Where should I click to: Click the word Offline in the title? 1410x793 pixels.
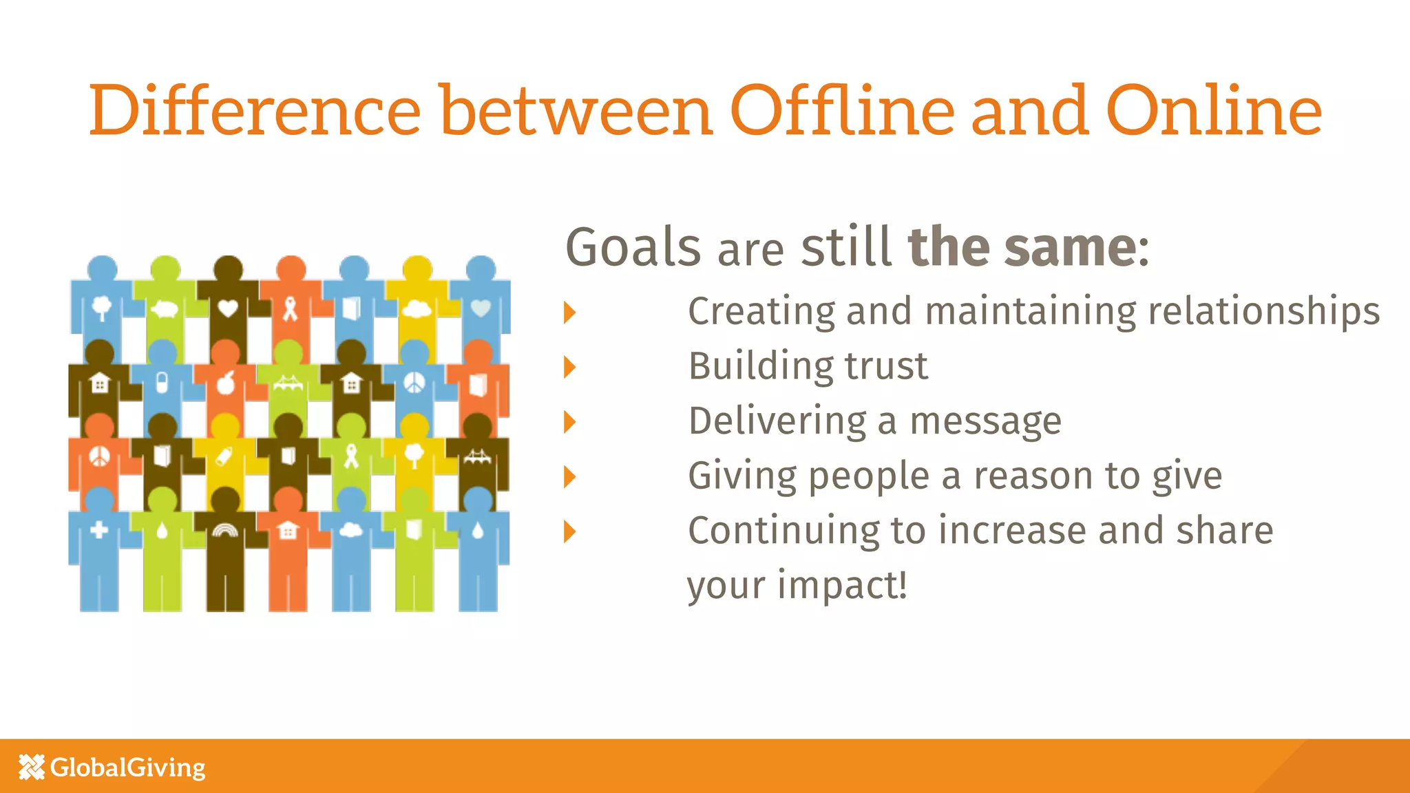841,110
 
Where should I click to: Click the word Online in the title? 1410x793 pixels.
1213,110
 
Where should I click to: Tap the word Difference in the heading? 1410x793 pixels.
255,110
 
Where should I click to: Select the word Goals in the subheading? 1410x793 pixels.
633,248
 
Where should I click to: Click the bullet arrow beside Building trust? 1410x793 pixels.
569,367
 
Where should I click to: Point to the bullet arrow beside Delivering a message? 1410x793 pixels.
569,422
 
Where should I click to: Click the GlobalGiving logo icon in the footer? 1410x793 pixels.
32,767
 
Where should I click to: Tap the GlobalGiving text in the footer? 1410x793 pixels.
128,767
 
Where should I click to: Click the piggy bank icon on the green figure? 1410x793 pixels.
165,309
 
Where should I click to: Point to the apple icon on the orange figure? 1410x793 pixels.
227,383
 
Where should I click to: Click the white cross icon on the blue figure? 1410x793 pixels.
99,529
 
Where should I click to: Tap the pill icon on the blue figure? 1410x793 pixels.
162,382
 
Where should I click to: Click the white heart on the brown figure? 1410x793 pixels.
228,308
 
